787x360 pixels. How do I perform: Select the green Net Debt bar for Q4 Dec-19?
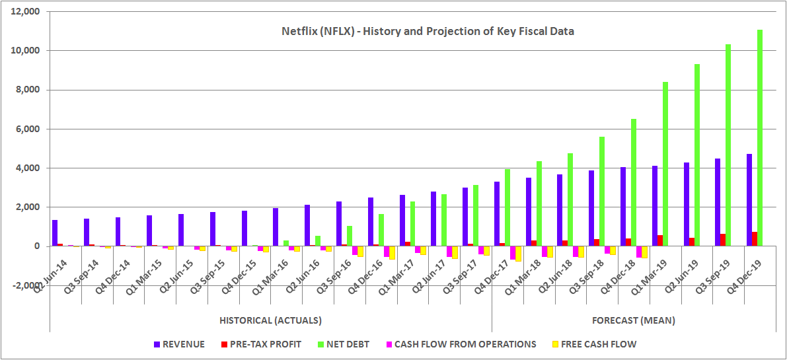(760, 138)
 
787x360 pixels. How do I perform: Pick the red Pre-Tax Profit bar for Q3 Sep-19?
(723, 240)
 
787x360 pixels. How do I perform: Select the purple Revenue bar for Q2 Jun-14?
(55, 233)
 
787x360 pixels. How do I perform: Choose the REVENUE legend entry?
(179, 344)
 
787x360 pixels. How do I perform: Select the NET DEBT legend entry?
(344, 344)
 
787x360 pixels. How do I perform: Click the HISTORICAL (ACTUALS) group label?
(270, 320)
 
